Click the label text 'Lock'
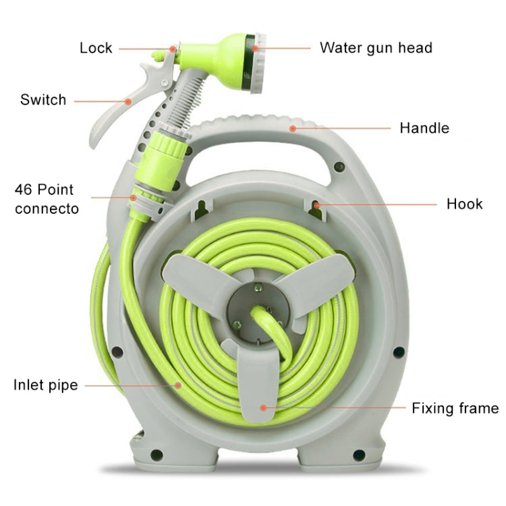click(x=96, y=48)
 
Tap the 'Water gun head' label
click(x=376, y=48)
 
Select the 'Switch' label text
click(x=43, y=100)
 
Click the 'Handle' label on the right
click(x=424, y=128)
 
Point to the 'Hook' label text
click(x=464, y=204)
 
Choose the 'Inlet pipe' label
click(x=45, y=385)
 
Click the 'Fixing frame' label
click(x=455, y=408)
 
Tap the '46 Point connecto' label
click(x=46, y=199)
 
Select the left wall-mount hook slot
click(x=200, y=209)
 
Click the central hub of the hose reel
click(x=253, y=310)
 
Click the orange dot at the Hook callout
click(x=316, y=203)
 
